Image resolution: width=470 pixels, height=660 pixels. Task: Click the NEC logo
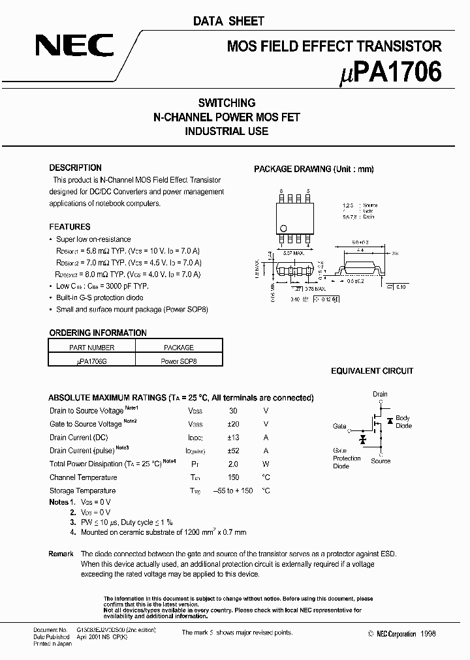[x=74, y=47]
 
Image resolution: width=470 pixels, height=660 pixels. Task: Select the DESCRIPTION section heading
[x=75, y=168]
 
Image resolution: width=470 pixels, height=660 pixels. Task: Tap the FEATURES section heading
[x=70, y=227]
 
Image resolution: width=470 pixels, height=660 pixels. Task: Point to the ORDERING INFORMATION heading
[x=98, y=333]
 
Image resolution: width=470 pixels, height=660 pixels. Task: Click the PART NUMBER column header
[x=92, y=348]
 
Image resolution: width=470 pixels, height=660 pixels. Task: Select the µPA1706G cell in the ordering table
[x=92, y=360]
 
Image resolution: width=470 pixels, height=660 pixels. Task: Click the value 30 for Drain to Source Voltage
[x=233, y=412]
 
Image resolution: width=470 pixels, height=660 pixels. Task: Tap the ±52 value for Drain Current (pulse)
[x=234, y=451]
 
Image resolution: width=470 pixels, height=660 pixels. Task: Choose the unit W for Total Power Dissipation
[x=266, y=464]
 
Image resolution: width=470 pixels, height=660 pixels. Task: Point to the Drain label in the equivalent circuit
[x=380, y=394]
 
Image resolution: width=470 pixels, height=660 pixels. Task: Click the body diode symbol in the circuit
[x=390, y=420]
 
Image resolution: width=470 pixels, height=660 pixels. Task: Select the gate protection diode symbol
[x=362, y=440]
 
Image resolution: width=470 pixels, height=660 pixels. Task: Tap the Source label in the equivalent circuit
[x=381, y=461]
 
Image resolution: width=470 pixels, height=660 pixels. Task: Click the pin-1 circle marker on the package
[x=284, y=228]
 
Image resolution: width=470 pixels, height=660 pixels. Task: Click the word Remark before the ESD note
[x=61, y=554]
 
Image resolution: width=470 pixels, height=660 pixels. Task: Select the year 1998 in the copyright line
[x=428, y=633]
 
